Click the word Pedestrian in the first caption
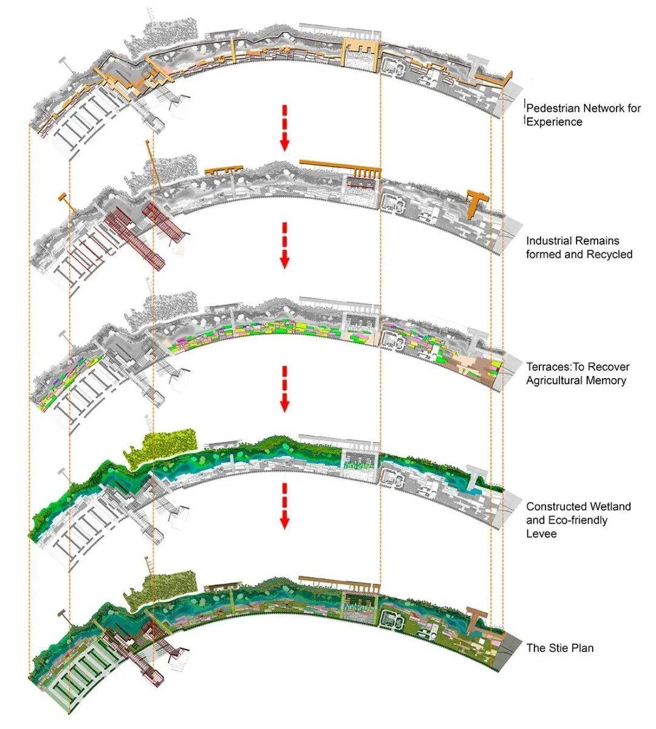pyautogui.click(x=553, y=108)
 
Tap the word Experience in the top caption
pyautogui.click(x=554, y=122)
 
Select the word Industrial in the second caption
pyautogui.click(x=548, y=241)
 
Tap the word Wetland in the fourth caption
pyautogui.click(x=611, y=506)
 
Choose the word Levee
pyautogui.click(x=541, y=534)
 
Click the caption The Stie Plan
pyautogui.click(x=560, y=648)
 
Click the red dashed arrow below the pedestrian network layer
pyautogui.click(x=285, y=128)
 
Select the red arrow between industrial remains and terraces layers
pyautogui.click(x=285, y=246)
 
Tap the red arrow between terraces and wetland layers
pyautogui.click(x=285, y=389)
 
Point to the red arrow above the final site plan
pyautogui.click(x=285, y=506)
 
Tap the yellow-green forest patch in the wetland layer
pyautogui.click(x=163, y=447)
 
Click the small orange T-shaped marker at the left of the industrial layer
pyautogui.click(x=67, y=201)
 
